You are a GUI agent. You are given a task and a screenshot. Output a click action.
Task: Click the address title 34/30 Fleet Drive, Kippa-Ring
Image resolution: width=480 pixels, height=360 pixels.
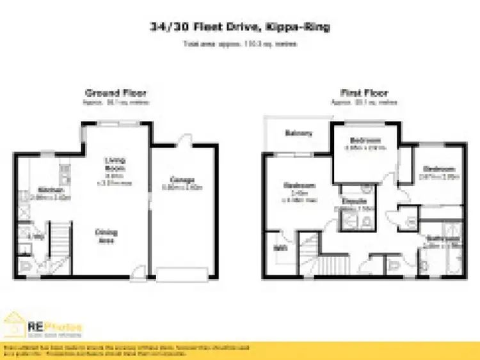[x=240, y=29]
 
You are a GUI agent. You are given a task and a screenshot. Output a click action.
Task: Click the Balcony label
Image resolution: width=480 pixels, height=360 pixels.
[x=299, y=134]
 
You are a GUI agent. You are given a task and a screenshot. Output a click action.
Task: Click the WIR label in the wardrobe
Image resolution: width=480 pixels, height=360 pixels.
[x=280, y=248]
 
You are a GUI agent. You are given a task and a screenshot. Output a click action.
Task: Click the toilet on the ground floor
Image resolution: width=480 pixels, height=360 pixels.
[x=24, y=266]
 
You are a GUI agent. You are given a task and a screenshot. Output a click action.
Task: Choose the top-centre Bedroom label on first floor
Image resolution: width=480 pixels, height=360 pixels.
[x=365, y=141]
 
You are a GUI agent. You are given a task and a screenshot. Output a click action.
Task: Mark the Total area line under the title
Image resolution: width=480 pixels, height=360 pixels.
[x=240, y=44]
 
